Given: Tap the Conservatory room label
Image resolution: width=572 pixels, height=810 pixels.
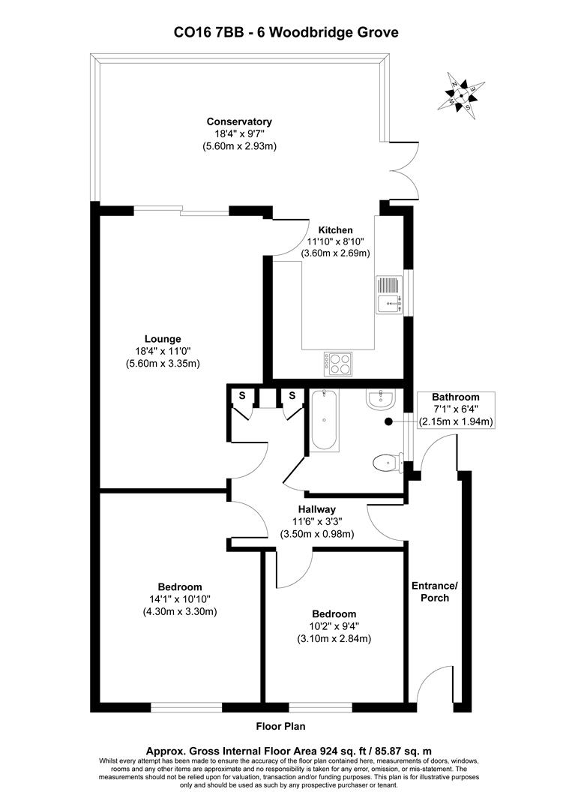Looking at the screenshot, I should [x=239, y=121].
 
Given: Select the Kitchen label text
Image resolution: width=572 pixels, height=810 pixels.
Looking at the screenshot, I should [x=335, y=229].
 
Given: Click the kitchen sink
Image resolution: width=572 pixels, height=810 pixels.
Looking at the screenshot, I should [x=389, y=294].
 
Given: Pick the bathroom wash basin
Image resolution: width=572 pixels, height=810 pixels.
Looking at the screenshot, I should [x=382, y=399].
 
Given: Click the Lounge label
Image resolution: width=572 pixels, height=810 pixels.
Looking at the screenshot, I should [x=163, y=339].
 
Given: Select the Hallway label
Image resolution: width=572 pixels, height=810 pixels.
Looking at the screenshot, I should [x=316, y=509].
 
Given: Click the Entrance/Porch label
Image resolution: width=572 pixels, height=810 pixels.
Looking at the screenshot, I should [x=434, y=592].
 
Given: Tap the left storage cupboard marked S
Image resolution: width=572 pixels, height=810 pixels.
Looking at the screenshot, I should [x=242, y=395].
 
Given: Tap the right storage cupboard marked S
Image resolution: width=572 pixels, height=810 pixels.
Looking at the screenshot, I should [x=292, y=395].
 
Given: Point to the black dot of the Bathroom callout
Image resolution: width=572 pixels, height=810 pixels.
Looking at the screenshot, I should [x=388, y=421].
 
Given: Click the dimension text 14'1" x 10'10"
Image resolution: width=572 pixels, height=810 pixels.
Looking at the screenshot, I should [x=179, y=598].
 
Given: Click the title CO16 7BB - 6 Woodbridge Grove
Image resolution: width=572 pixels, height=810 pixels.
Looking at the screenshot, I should [x=286, y=32].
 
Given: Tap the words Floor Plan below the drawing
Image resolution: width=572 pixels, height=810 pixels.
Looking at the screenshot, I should [x=280, y=726].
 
